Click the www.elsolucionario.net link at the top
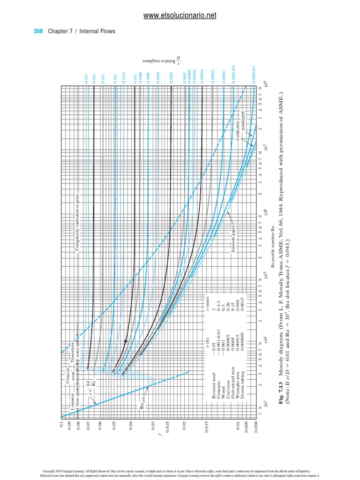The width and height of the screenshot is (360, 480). pyautogui.click(x=180, y=15)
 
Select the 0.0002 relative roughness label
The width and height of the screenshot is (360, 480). pyautogui.click(x=212, y=80)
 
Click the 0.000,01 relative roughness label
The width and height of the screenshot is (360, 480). pyautogui.click(x=253, y=76)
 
